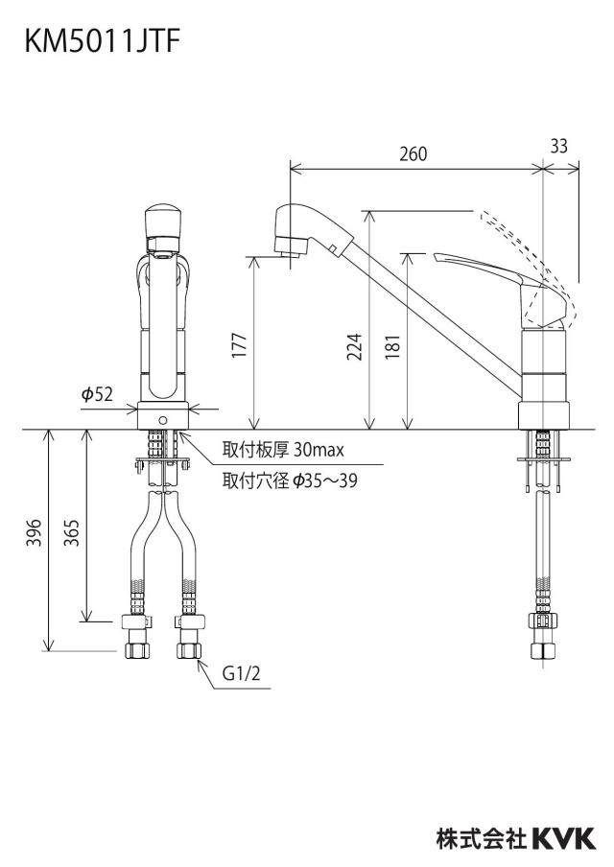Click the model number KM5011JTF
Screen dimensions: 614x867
pos(103,41)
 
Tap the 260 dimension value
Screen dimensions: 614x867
pos(413,153)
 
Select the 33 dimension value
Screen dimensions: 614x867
pos(559,146)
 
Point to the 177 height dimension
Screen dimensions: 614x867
pos(239,344)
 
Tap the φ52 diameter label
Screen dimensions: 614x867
pos(97,393)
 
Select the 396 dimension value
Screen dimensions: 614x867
pos(35,532)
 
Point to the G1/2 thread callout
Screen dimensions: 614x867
pos(241,673)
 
